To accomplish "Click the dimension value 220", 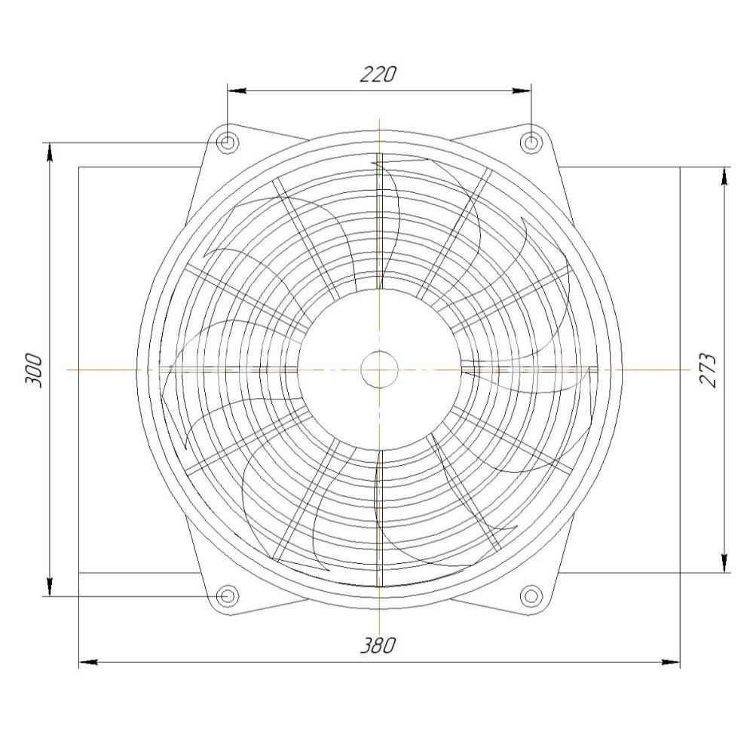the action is [379, 75].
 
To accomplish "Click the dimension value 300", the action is [34, 370].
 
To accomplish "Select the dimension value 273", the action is [709, 370].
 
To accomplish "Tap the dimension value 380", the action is [379, 645].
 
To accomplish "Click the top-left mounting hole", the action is [227, 142].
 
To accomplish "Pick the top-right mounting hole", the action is [531, 142].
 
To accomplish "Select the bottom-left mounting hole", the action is [227, 596].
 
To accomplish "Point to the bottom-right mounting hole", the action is [531, 596].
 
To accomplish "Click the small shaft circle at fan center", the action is [379, 369].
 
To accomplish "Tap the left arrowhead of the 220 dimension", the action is [237, 90].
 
